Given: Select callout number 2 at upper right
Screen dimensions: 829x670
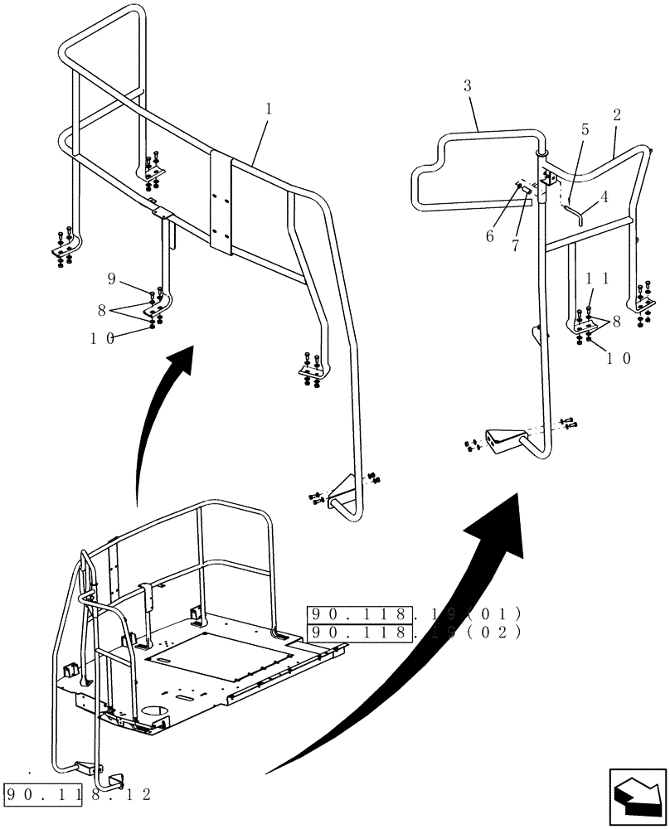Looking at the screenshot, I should [x=616, y=115].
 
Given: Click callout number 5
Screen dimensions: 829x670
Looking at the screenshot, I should [x=585, y=130].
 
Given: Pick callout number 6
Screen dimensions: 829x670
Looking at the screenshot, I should [x=490, y=236].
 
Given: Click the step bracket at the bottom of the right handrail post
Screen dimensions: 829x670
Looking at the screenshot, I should [x=504, y=443].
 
